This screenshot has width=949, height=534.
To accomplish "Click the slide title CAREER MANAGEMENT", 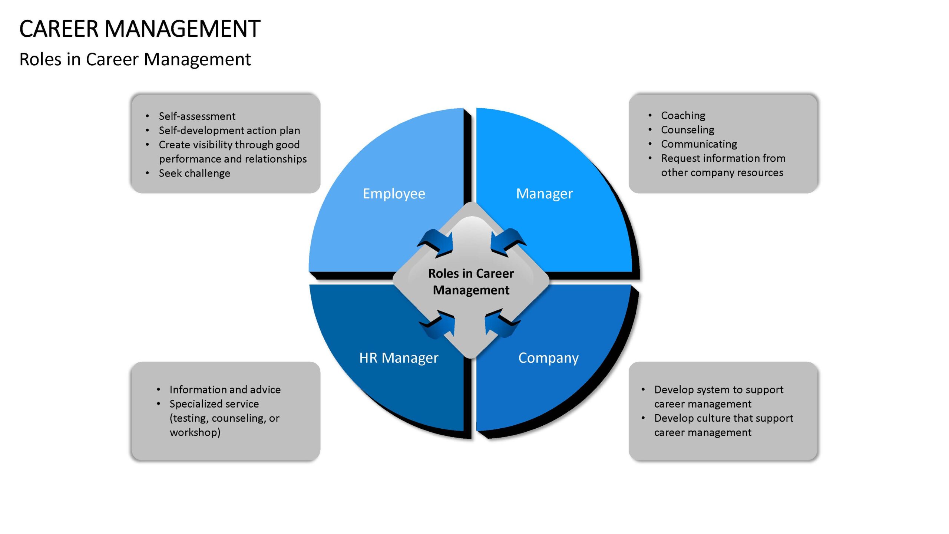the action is pyautogui.click(x=140, y=29).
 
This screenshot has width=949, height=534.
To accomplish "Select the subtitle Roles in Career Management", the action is pyautogui.click(x=135, y=59).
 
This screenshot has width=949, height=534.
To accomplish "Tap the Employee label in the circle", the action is pyautogui.click(x=394, y=194).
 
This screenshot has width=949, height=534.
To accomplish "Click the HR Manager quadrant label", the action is pyautogui.click(x=399, y=358).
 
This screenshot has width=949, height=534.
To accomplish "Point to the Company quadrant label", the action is pyautogui.click(x=548, y=358).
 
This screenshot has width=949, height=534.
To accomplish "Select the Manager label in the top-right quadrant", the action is pyautogui.click(x=545, y=194).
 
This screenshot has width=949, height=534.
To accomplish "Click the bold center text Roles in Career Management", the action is pyautogui.click(x=471, y=281).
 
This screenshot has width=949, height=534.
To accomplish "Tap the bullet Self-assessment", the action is pyautogui.click(x=197, y=116).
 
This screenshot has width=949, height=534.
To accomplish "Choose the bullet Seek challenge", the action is pyautogui.click(x=195, y=173).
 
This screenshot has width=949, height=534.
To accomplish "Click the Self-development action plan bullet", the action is pyautogui.click(x=229, y=131).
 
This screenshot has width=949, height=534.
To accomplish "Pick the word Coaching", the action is pyautogui.click(x=683, y=116).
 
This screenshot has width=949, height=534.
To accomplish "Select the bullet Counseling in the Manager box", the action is pyautogui.click(x=688, y=130).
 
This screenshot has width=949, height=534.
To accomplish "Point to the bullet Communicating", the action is pyautogui.click(x=699, y=144).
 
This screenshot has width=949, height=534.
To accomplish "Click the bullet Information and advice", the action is pyautogui.click(x=225, y=389).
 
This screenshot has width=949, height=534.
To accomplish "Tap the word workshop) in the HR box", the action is pyautogui.click(x=195, y=432).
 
